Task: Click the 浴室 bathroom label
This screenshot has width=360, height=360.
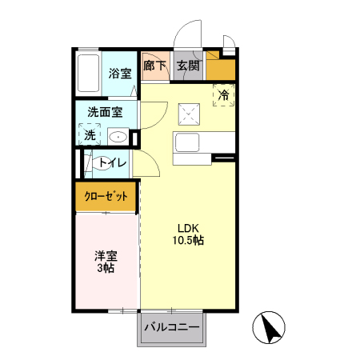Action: [120, 74]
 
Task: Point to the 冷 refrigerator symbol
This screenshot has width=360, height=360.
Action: [223, 95]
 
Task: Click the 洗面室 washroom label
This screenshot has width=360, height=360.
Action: [105, 113]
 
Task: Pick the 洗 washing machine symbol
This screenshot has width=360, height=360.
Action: [90, 135]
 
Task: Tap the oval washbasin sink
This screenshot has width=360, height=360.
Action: [118, 136]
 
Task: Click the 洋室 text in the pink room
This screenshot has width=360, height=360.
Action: [106, 256]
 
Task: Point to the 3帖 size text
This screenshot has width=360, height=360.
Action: [106, 269]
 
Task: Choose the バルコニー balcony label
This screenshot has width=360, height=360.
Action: [171, 326]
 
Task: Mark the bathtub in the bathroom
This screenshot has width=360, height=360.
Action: [87, 73]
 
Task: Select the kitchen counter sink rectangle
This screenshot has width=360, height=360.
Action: [190, 145]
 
